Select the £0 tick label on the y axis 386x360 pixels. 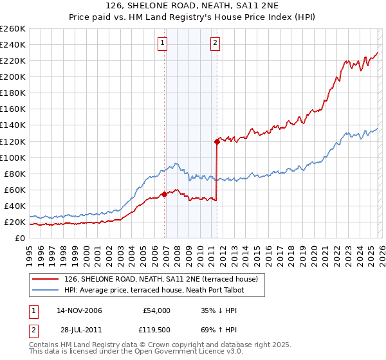[x=21, y=238]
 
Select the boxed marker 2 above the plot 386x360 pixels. [x=214, y=44]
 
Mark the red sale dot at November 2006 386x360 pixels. [x=165, y=194]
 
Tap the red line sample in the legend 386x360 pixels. [x=46, y=279]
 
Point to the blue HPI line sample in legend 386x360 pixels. [x=46, y=290]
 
